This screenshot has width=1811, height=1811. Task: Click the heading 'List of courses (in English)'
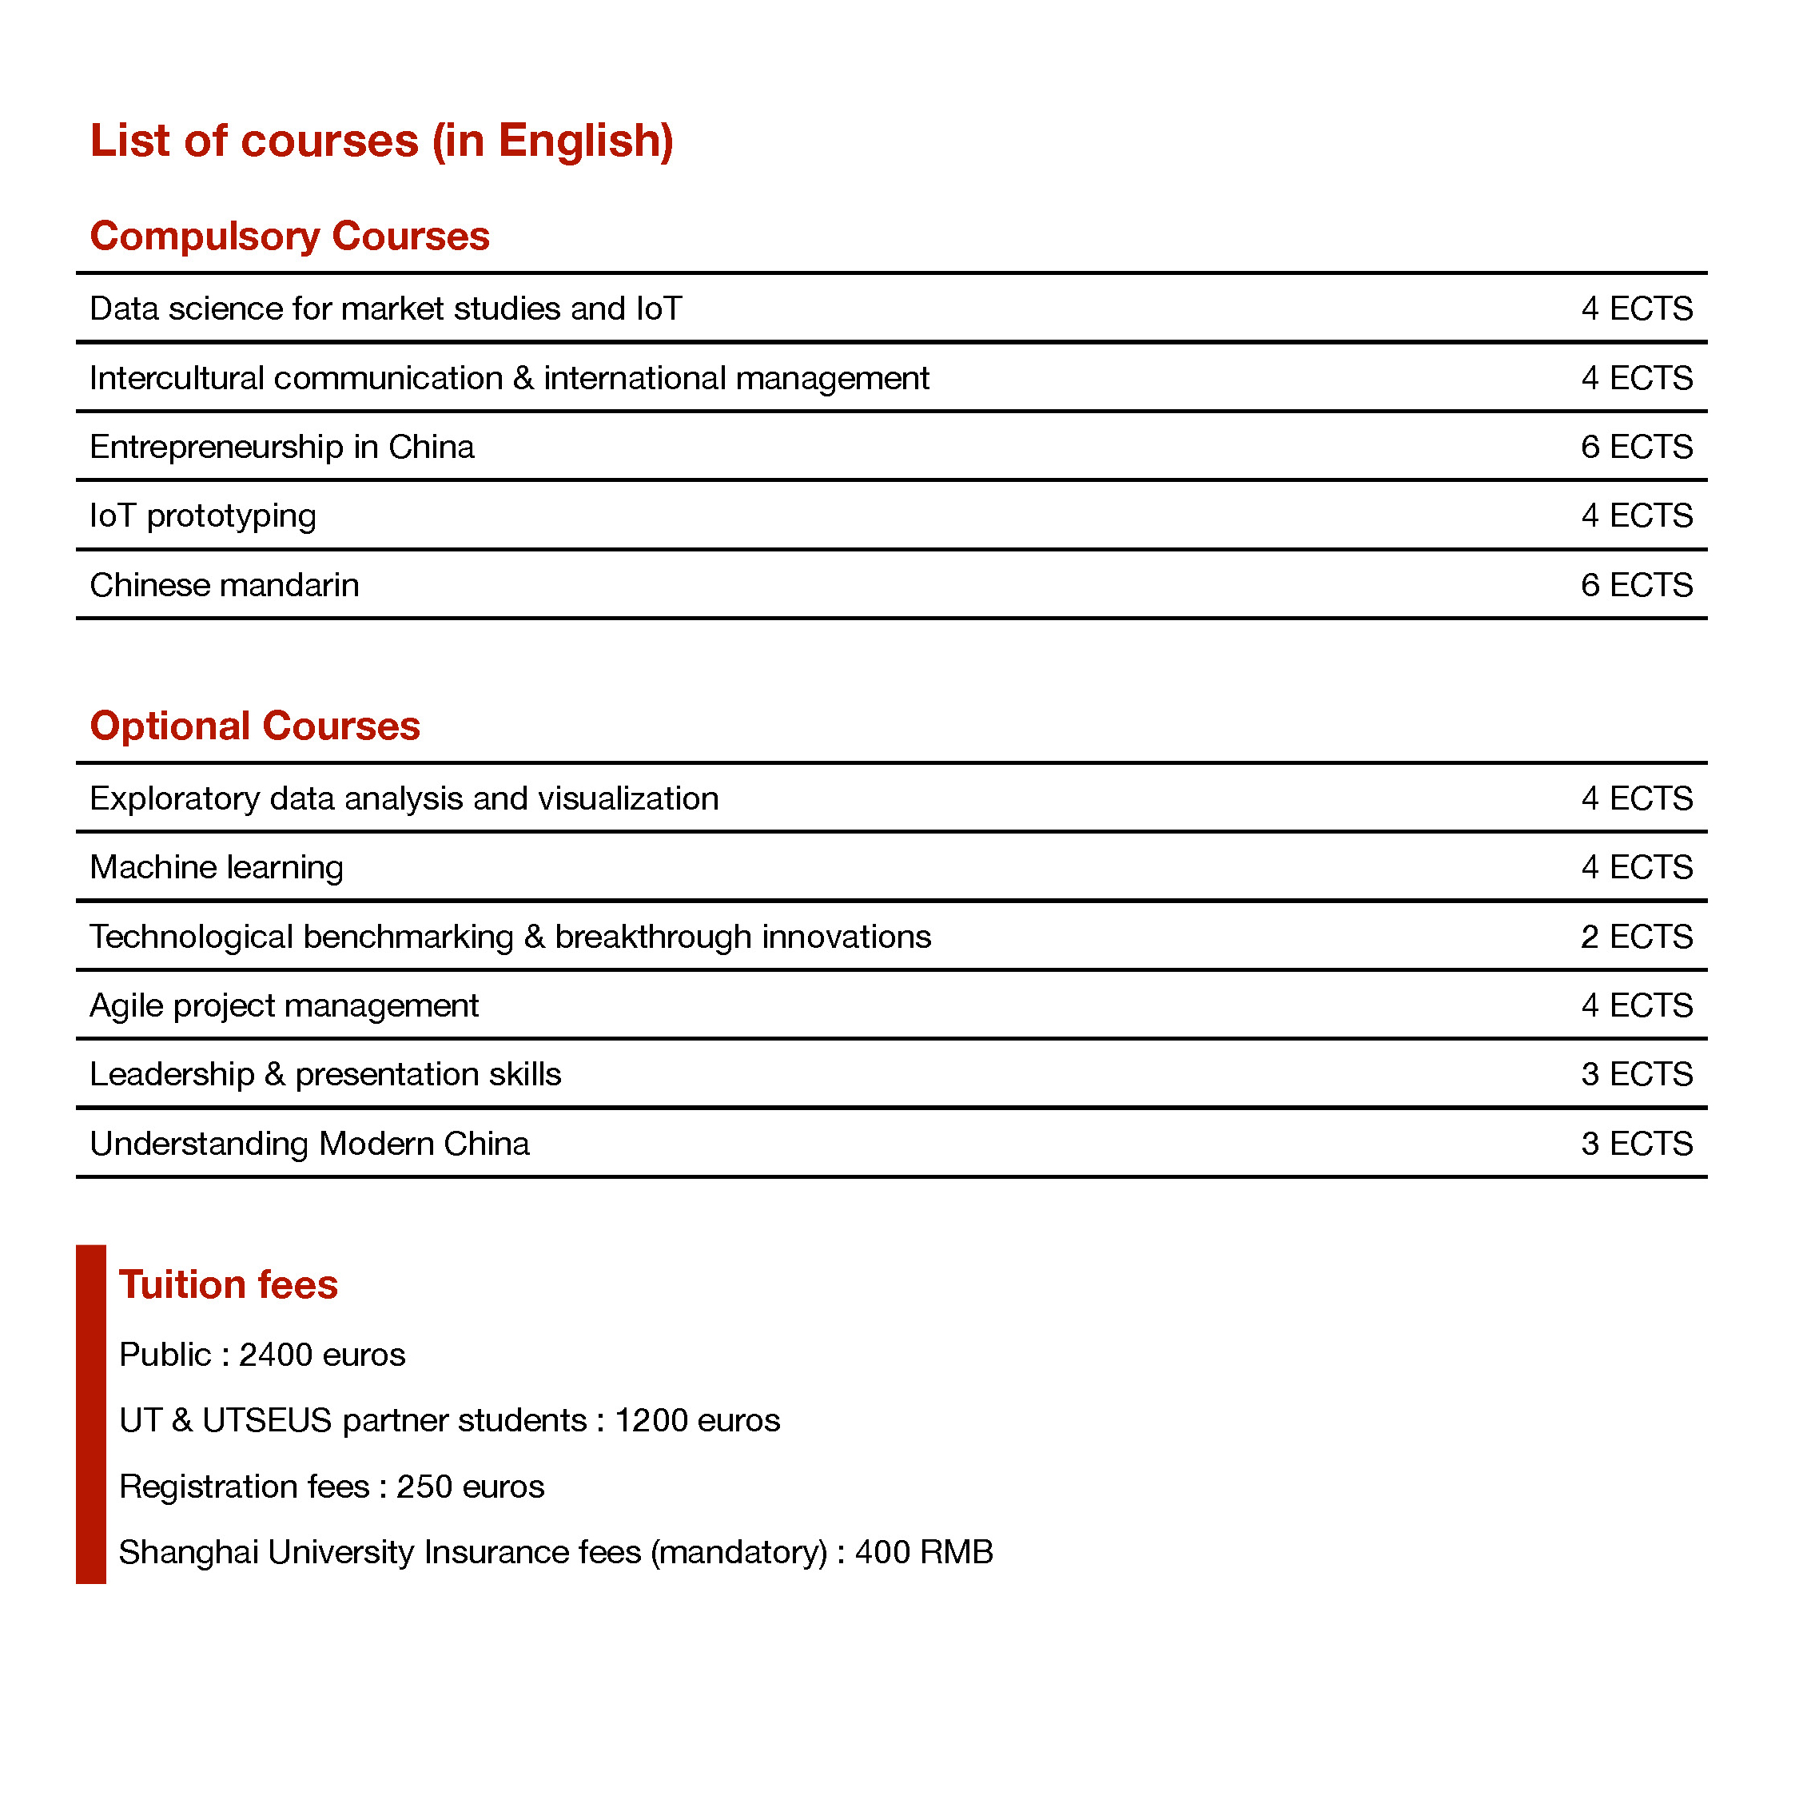point(381,141)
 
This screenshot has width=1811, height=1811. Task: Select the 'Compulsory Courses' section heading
point(289,237)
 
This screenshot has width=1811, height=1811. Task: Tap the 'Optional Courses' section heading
point(255,726)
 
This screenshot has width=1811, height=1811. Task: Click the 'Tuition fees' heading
point(228,1285)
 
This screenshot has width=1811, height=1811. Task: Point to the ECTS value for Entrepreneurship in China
point(1636,447)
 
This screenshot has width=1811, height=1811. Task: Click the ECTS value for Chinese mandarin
point(1636,586)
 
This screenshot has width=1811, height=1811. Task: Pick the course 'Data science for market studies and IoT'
point(385,309)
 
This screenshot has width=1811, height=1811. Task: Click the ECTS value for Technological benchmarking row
point(1636,937)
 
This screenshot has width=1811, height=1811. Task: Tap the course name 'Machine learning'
point(217,868)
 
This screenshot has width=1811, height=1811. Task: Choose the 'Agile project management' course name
point(284,1005)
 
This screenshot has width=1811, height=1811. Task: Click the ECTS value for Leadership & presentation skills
point(1636,1075)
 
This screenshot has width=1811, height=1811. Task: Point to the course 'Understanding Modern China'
point(309,1144)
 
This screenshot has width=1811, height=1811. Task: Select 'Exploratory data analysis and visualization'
point(404,799)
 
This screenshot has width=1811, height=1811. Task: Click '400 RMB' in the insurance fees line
point(923,1553)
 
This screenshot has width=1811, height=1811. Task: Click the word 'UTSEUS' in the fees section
point(267,1421)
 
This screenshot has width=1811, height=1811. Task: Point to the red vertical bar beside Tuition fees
point(91,1415)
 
